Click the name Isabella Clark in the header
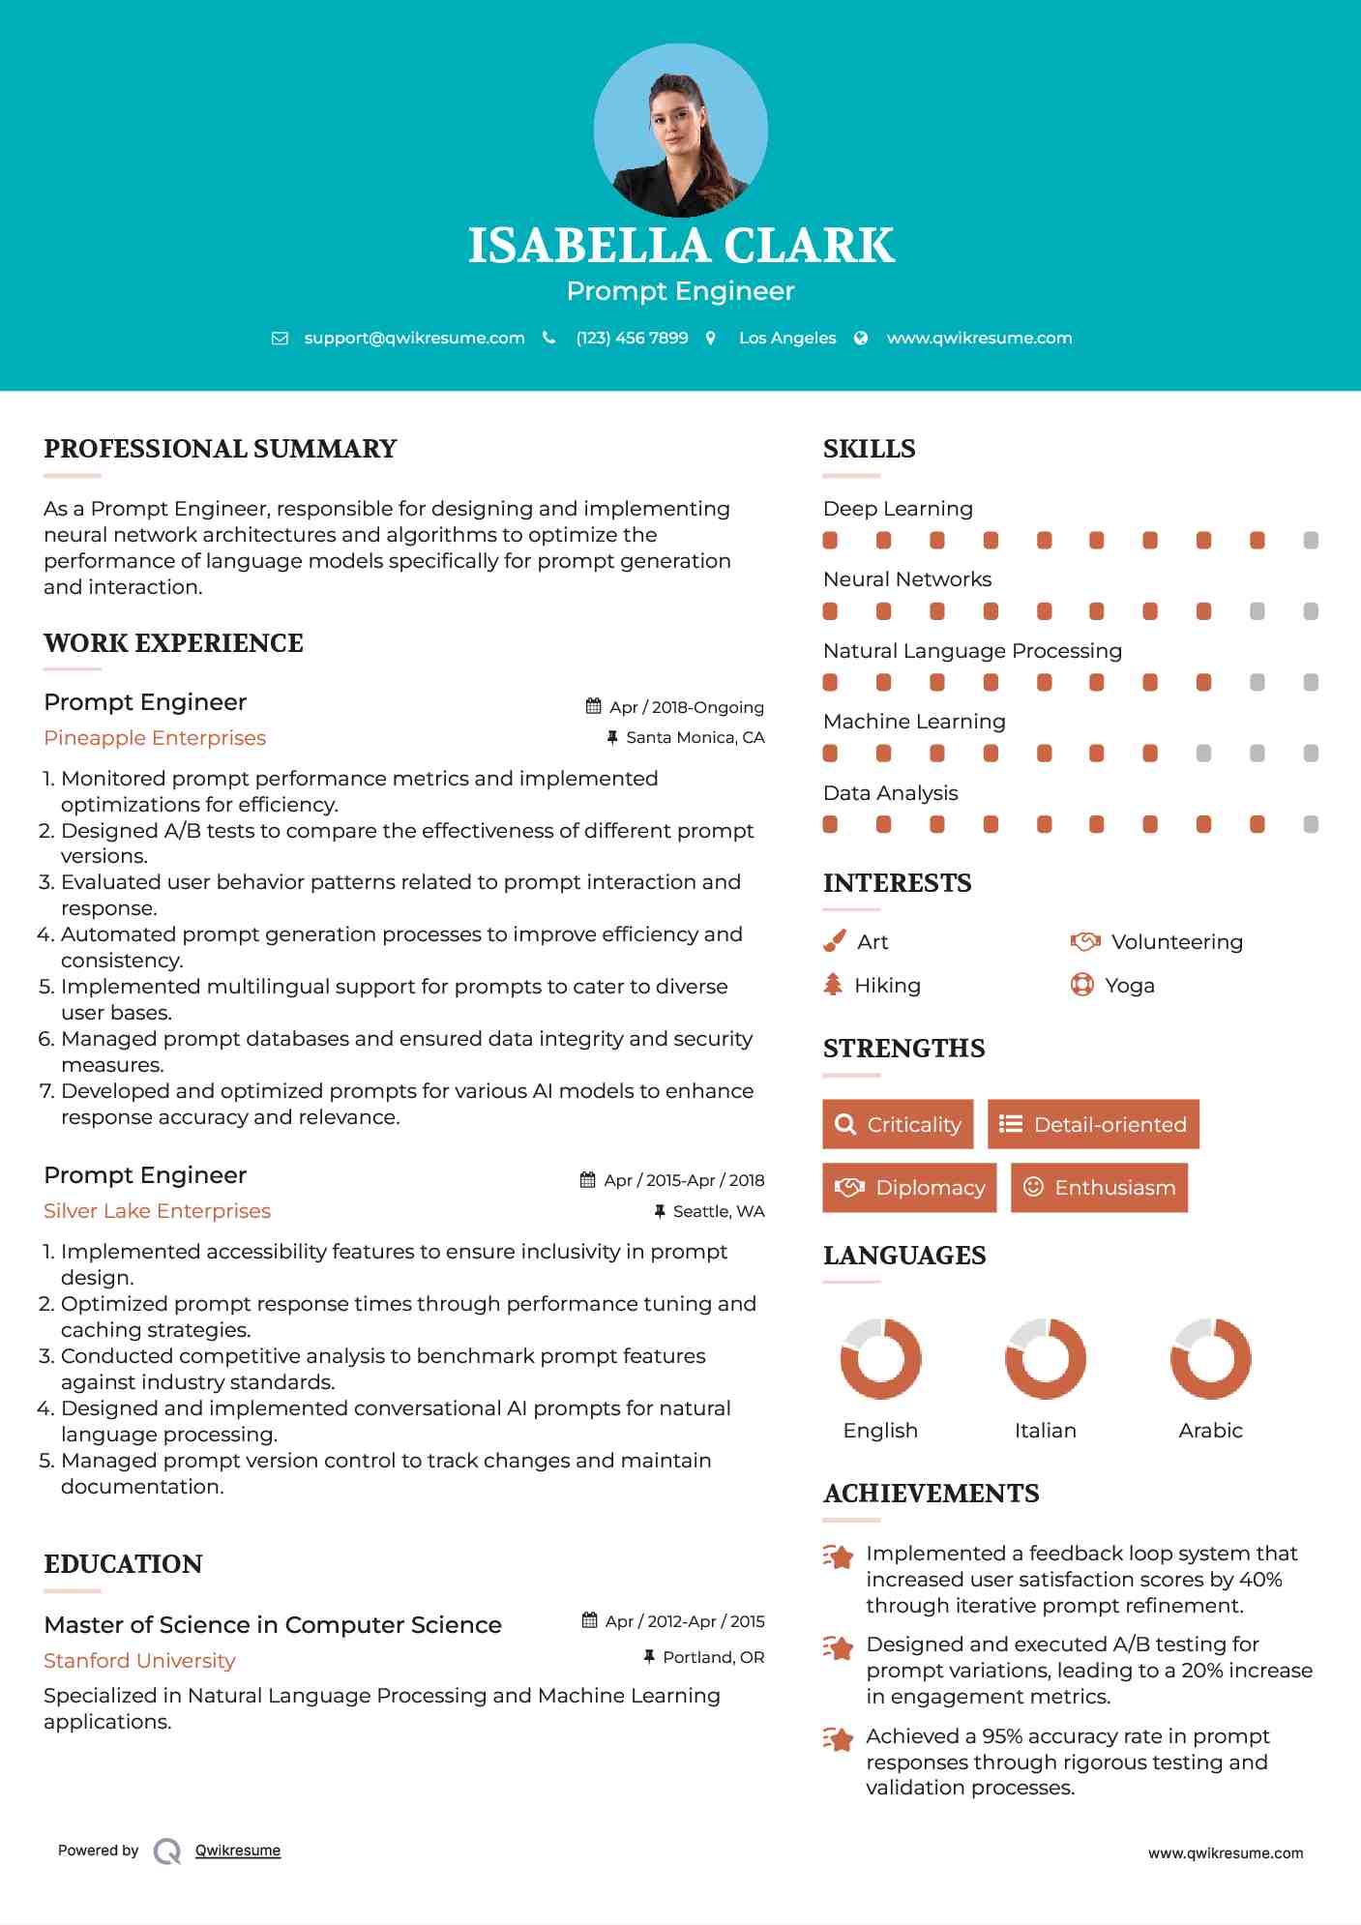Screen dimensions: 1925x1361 [681, 246]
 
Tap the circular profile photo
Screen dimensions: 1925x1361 [681, 130]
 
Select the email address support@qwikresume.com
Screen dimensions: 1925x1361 [414, 338]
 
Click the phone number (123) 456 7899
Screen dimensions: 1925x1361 [632, 338]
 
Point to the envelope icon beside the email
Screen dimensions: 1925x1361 [280, 339]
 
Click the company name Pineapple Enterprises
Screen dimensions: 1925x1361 [155, 738]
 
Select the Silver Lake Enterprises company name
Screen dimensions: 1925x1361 [157, 1211]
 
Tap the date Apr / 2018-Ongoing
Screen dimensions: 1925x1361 [686, 707]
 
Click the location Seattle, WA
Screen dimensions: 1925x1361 [718, 1211]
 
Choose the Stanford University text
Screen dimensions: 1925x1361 [139, 1661]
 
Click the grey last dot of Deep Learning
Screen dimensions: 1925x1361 [1311, 541]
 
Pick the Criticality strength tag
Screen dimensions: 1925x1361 [898, 1124]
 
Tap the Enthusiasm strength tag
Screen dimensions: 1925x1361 [1099, 1188]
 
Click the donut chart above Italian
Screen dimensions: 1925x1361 [1045, 1358]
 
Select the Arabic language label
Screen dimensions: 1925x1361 [1210, 1431]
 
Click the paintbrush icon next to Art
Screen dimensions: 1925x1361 [834, 941]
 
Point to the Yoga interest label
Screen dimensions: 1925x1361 [1130, 986]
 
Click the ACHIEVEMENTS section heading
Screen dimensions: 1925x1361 [931, 1494]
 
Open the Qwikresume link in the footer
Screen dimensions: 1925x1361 [238, 1851]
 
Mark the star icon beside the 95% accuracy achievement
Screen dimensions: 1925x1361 [839, 1738]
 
